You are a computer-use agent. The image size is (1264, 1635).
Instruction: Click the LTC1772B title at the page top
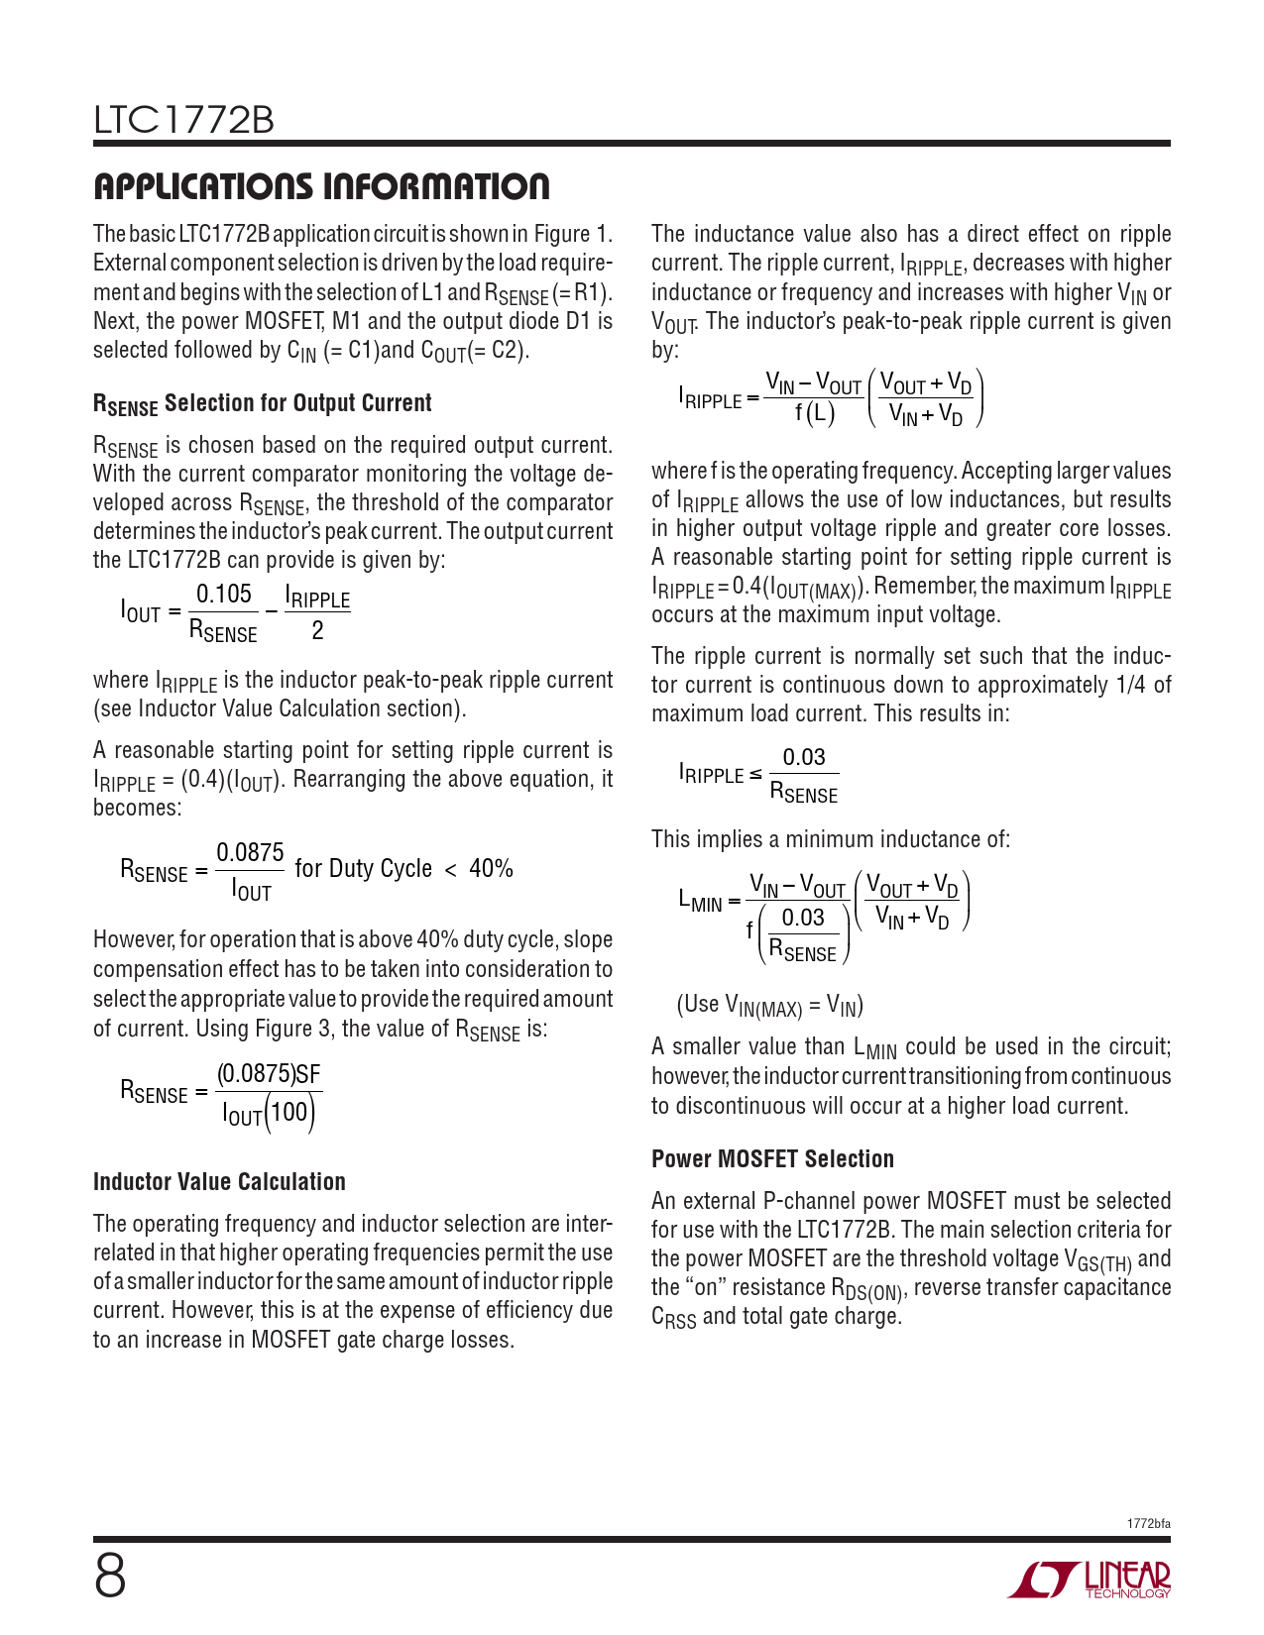tap(183, 120)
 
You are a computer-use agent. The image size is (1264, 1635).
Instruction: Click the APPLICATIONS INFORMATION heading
tap(321, 186)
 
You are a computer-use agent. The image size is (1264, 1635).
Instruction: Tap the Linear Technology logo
tap(1090, 1580)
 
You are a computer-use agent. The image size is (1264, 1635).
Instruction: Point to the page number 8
tap(110, 1578)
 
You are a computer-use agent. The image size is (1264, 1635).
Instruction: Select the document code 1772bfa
tap(1148, 1524)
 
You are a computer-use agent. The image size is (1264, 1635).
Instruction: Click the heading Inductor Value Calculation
tap(219, 1181)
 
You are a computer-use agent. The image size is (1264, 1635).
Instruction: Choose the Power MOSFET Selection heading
tap(772, 1158)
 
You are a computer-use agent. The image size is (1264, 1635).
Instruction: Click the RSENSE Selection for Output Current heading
tap(262, 403)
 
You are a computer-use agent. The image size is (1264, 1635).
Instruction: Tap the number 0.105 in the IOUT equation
tap(224, 594)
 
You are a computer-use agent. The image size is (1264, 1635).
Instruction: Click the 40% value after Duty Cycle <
tap(491, 869)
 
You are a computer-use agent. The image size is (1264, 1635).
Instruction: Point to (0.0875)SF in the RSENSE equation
tap(269, 1074)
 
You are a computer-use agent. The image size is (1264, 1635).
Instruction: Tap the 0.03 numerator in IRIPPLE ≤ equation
tap(804, 757)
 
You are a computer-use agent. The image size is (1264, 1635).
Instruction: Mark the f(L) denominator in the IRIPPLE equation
tap(815, 413)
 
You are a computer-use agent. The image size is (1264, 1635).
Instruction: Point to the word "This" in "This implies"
tap(671, 839)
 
